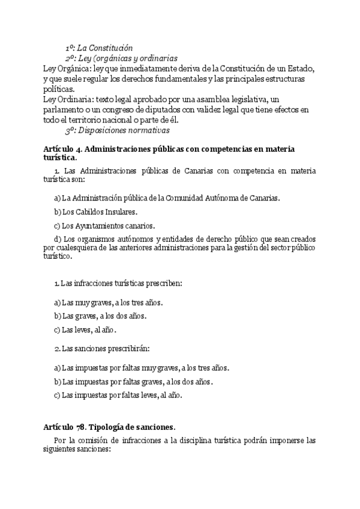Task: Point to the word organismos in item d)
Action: click(96, 239)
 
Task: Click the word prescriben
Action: click(163, 283)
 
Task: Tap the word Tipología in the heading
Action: click(113, 427)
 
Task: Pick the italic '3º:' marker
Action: click(70, 130)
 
